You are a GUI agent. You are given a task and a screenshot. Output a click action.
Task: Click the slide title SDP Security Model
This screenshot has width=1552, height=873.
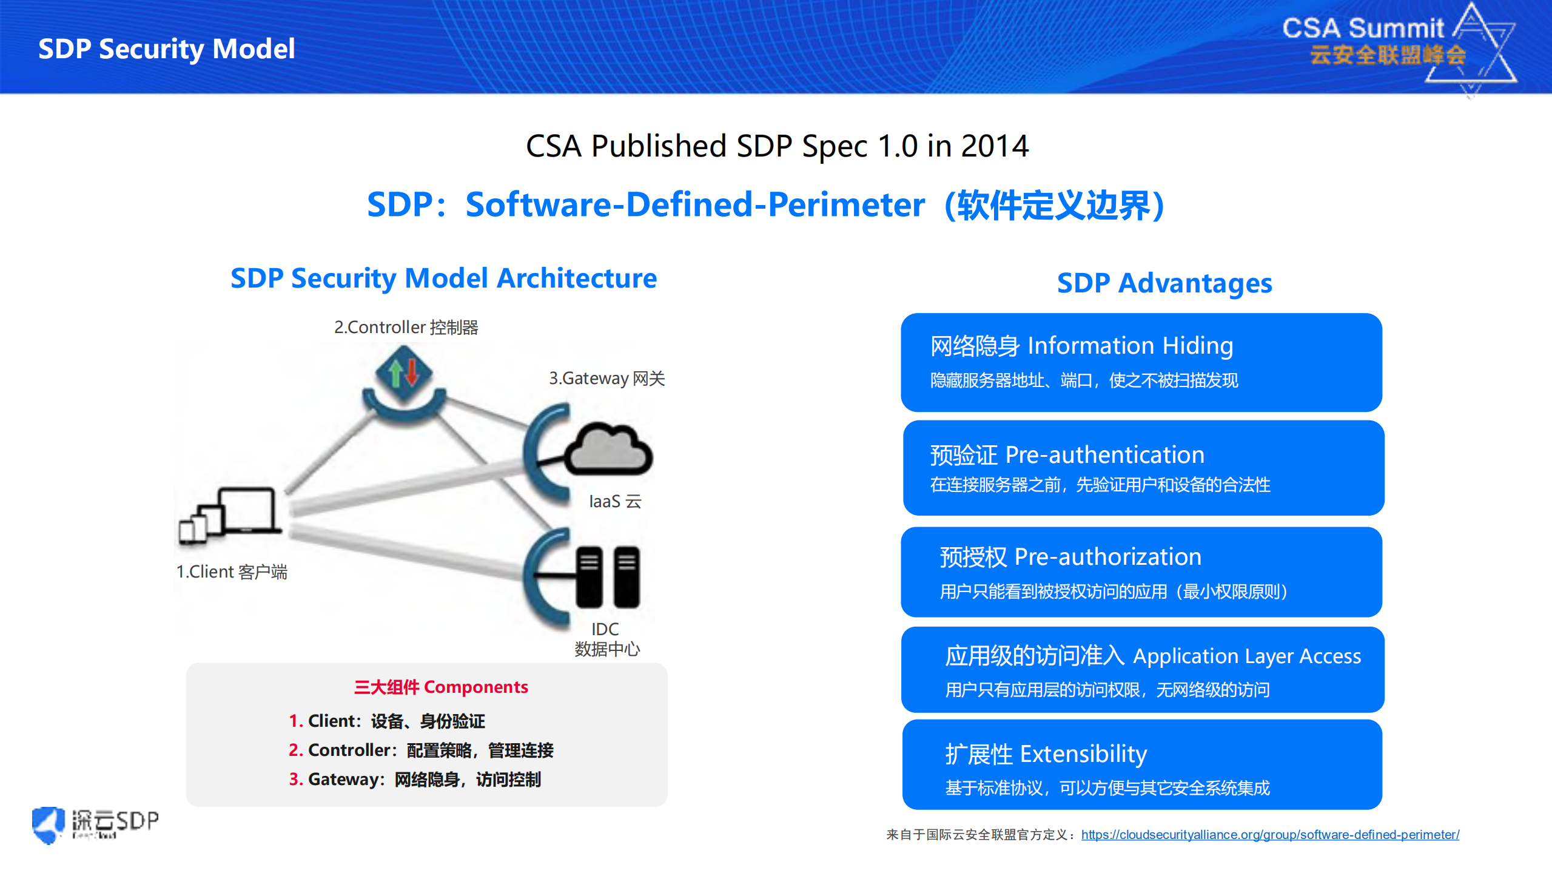pyautogui.click(x=166, y=49)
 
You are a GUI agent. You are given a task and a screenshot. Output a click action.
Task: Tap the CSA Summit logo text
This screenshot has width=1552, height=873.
pyautogui.click(x=1363, y=29)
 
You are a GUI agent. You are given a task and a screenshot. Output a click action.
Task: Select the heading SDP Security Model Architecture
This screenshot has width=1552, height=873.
pyautogui.click(x=443, y=278)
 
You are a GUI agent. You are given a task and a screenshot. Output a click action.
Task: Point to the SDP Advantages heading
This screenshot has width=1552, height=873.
pyautogui.click(x=1164, y=283)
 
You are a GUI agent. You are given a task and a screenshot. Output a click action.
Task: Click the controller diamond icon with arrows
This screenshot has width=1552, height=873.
pyautogui.click(x=403, y=372)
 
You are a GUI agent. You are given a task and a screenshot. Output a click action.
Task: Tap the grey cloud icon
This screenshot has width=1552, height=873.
pyautogui.click(x=608, y=450)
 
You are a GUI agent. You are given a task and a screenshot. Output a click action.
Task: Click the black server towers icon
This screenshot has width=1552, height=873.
pyautogui.click(x=607, y=576)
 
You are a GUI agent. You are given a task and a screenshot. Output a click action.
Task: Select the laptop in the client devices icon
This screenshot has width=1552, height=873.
pyautogui.click(x=247, y=510)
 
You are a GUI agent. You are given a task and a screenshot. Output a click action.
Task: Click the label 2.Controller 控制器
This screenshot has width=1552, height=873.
pyautogui.click(x=406, y=328)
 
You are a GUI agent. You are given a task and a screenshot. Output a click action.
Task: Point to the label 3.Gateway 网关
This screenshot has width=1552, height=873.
pyautogui.click(x=606, y=379)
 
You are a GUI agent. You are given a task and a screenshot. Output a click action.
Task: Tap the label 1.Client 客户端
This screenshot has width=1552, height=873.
pyautogui.click(x=231, y=571)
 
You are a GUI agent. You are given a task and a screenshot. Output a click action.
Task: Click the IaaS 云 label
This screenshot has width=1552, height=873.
pyautogui.click(x=614, y=501)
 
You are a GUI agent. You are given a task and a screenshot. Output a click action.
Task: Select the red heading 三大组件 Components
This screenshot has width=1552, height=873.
pyautogui.click(x=441, y=687)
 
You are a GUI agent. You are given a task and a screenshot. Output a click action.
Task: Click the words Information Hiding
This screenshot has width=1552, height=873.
pyautogui.click(x=1130, y=346)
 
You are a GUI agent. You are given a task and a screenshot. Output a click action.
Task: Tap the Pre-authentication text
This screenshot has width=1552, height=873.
pyautogui.click(x=1104, y=454)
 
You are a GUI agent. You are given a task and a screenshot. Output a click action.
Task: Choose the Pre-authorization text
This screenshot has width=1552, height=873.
pyautogui.click(x=1107, y=556)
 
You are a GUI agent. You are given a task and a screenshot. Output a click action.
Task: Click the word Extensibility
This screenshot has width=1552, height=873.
pyautogui.click(x=1083, y=753)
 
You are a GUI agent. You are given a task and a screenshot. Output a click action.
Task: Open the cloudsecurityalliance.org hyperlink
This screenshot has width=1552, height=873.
pyautogui.click(x=1269, y=834)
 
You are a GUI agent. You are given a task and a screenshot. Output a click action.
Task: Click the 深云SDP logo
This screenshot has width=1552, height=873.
pyautogui.click(x=96, y=824)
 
